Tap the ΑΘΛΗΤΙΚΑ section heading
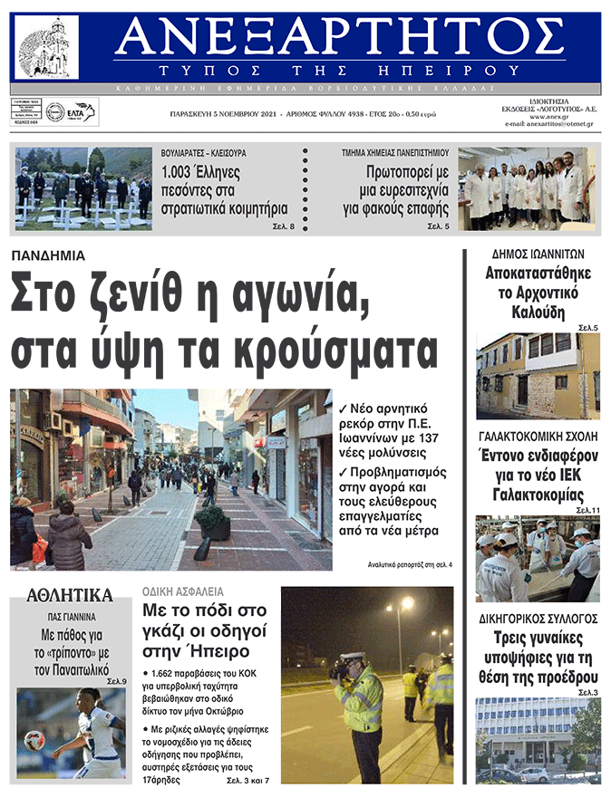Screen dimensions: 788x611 coord(70,595)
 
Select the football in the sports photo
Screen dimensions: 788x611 coord(35,740)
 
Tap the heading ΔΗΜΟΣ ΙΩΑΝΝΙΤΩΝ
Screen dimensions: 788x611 coord(538,255)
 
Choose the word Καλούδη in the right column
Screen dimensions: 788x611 coord(538,313)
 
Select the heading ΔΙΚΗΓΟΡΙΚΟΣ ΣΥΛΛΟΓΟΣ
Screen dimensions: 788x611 coord(538,619)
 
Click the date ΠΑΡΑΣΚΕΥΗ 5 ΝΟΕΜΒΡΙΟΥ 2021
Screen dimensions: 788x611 coord(223,115)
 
